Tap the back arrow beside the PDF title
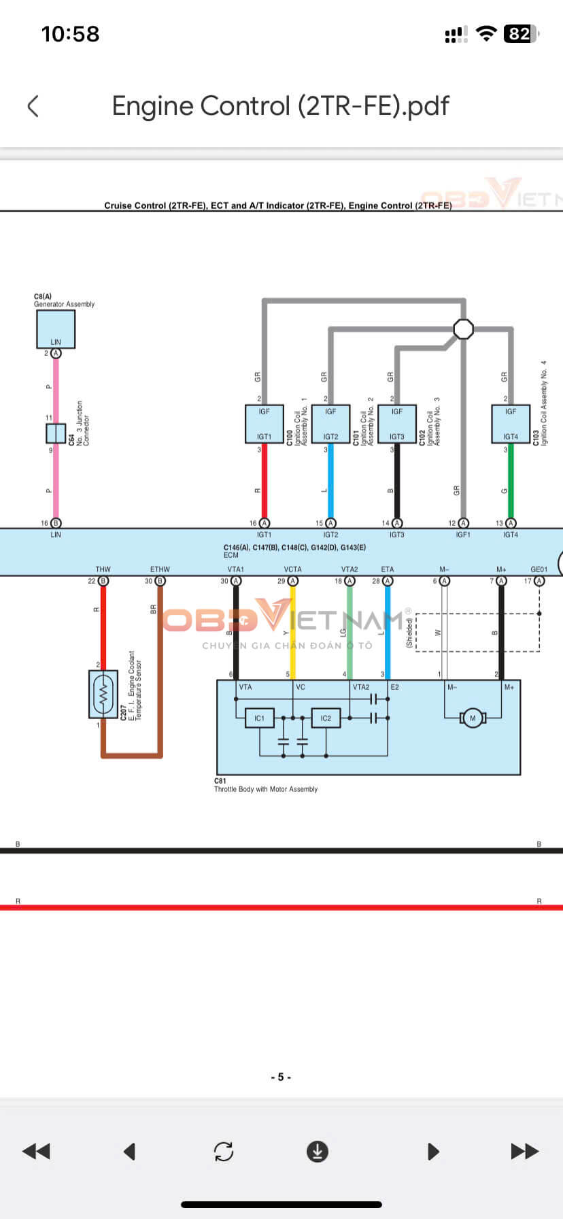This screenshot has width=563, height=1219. (33, 106)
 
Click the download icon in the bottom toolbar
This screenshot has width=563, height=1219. (317, 1151)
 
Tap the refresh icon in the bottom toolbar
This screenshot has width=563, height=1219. (224, 1151)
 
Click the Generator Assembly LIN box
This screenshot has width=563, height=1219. (56, 329)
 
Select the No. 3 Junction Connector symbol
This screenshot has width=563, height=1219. (56, 433)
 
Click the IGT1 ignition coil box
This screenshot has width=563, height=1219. (264, 424)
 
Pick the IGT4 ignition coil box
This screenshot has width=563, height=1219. (511, 424)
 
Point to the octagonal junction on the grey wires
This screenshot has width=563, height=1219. (463, 329)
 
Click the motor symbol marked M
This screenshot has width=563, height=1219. (472, 718)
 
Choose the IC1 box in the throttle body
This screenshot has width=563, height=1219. (259, 718)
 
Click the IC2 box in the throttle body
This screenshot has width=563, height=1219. (326, 718)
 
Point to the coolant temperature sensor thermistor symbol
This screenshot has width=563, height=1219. (103, 694)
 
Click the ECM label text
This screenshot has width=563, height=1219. (231, 556)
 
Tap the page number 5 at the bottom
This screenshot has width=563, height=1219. (281, 1077)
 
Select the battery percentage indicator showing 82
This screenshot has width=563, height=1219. (520, 34)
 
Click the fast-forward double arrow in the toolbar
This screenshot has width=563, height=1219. (524, 1151)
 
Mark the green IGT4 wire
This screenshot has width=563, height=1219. (511, 483)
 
